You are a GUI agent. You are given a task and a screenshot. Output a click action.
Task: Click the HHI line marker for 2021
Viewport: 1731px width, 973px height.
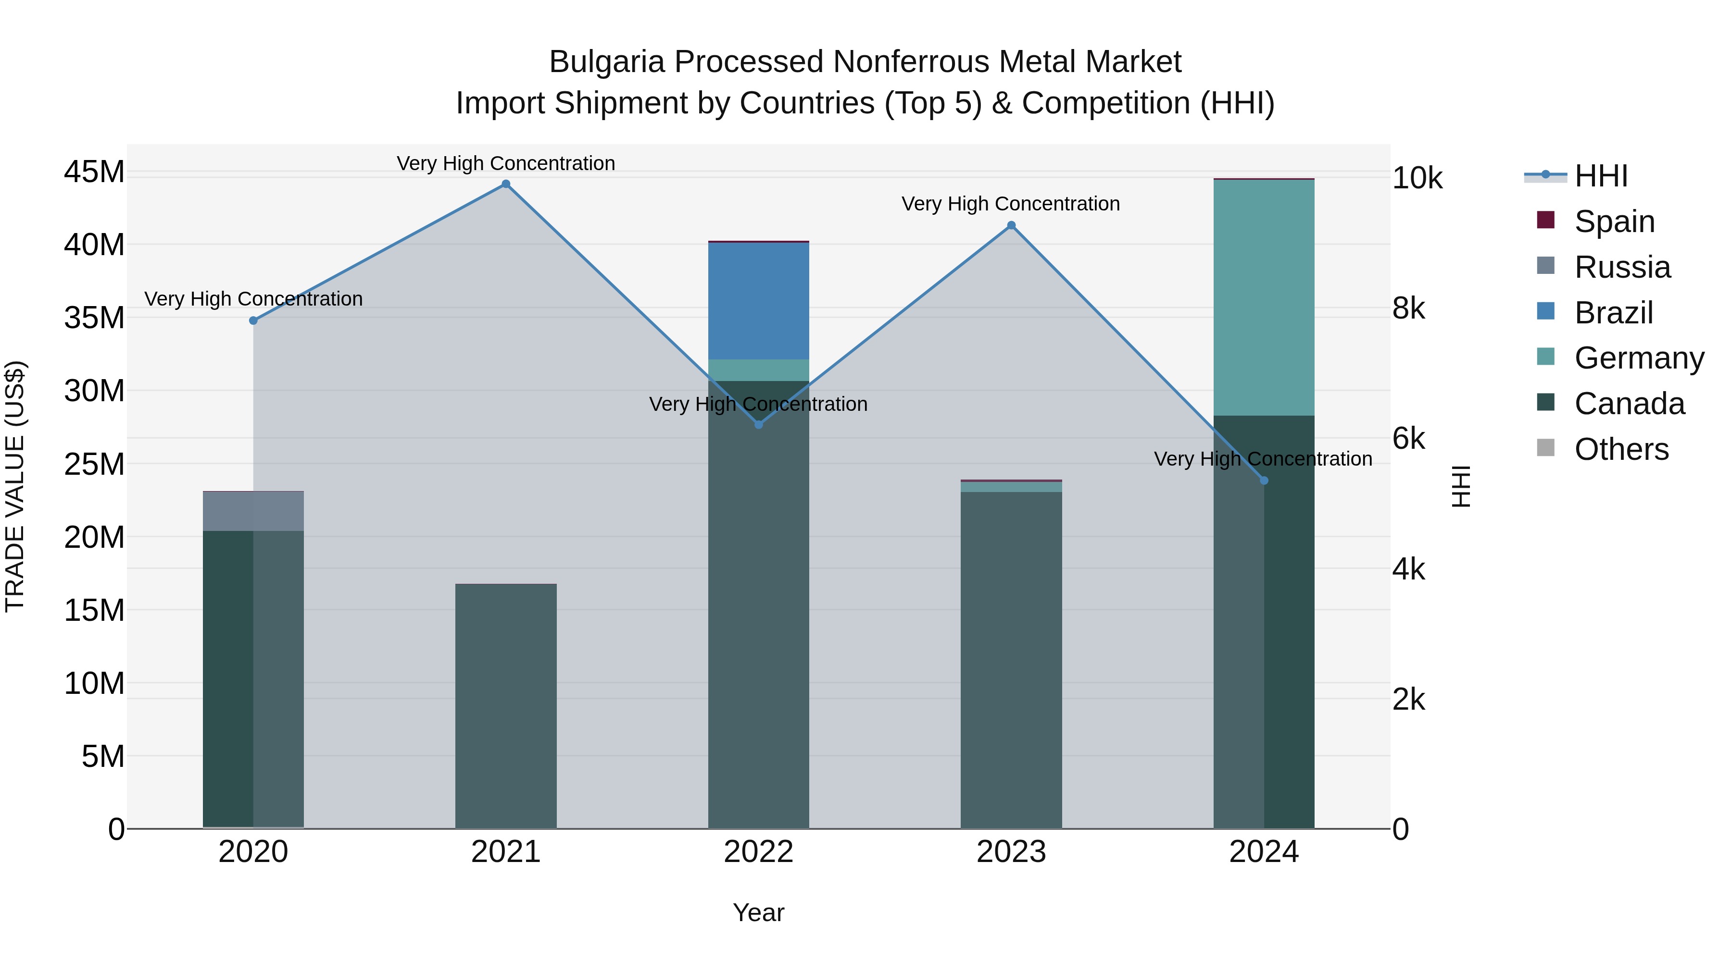point(506,184)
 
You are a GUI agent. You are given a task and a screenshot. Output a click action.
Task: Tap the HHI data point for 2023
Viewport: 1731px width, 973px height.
point(1011,226)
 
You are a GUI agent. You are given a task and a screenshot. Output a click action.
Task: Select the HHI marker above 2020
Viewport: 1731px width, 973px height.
point(253,321)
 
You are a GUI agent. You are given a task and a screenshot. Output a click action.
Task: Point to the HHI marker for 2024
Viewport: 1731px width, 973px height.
point(1264,481)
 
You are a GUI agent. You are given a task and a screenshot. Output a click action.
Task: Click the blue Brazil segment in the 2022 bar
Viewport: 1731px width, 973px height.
point(759,301)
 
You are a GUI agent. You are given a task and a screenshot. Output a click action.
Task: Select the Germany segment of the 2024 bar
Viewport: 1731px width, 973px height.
point(1264,297)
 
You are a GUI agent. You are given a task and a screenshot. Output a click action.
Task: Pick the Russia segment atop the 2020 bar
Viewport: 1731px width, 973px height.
point(253,511)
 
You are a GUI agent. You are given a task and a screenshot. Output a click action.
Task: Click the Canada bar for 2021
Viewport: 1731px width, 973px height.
point(506,705)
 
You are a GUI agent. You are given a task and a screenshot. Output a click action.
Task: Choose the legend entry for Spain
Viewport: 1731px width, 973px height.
point(1614,222)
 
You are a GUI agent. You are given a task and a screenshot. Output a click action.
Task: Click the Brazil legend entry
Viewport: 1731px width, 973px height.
point(1613,313)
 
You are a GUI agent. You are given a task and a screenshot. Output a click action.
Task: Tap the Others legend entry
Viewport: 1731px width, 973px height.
point(1621,449)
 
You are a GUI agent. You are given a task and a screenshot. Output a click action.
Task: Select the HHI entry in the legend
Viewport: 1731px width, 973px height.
point(1601,176)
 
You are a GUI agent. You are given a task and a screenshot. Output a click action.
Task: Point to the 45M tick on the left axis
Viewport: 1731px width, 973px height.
point(94,172)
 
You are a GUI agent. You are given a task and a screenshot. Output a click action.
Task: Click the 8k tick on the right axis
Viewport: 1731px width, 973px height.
point(1408,309)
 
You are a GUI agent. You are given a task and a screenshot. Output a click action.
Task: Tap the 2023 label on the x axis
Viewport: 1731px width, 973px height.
point(1011,852)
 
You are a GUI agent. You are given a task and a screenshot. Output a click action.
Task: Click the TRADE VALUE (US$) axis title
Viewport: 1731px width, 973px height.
point(15,486)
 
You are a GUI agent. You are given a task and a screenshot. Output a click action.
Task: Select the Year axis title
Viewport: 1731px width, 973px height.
point(759,912)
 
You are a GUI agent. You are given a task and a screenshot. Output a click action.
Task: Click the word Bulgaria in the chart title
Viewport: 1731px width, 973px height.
point(607,62)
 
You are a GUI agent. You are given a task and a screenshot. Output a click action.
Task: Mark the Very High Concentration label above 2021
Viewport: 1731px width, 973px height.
point(506,163)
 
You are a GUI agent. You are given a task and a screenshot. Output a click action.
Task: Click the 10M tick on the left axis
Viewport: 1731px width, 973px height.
point(94,684)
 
